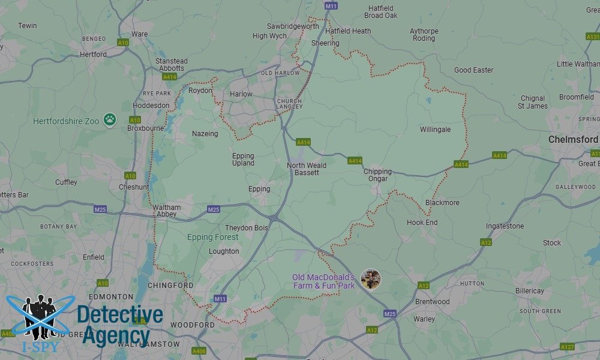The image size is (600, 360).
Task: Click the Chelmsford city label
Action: [x=573, y=139]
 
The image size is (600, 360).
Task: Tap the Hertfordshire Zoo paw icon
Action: [x=109, y=120]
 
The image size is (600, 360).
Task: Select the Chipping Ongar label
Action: [x=377, y=175]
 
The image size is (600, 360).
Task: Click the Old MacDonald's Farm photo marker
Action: [x=371, y=279]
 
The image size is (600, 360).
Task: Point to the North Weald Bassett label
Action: [x=307, y=169]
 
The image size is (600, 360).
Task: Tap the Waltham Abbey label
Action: [x=166, y=211]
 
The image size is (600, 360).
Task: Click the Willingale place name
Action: [x=435, y=130]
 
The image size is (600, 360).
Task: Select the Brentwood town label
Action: [x=432, y=302]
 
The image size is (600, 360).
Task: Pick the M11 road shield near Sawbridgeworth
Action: [x=331, y=6]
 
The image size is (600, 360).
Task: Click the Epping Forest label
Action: [x=212, y=238]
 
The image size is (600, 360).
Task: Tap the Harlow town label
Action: [x=241, y=94]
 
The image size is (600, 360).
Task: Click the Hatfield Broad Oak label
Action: [x=381, y=12]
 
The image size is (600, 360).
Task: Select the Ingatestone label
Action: [x=505, y=226]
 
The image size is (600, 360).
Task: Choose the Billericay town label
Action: [x=529, y=291]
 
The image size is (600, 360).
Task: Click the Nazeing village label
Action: [x=205, y=134]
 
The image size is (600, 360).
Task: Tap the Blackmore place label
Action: [x=442, y=203]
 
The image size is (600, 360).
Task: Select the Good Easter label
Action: [x=473, y=70]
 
